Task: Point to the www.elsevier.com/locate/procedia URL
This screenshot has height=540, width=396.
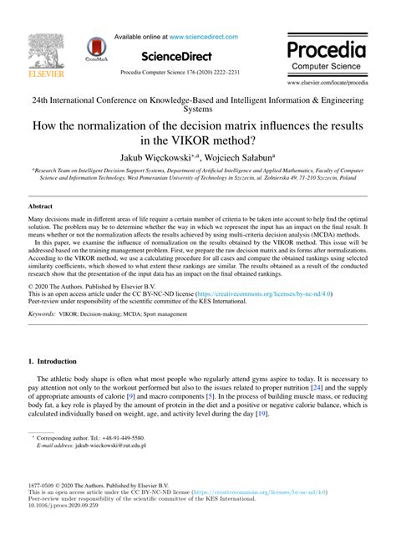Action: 327,84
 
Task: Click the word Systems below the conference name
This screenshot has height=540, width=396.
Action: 197,109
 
